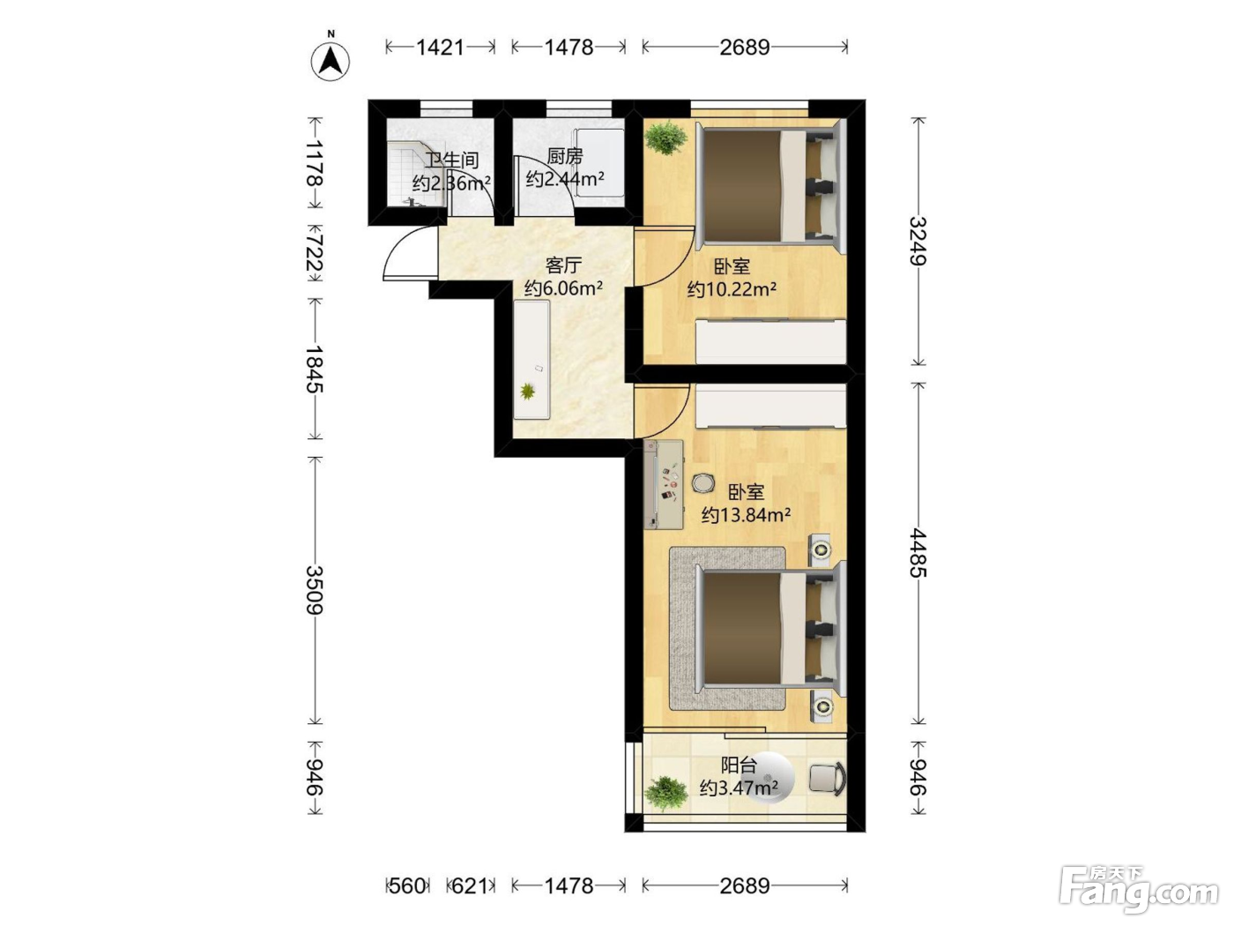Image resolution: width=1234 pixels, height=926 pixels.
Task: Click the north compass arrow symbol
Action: pyautogui.click(x=331, y=59)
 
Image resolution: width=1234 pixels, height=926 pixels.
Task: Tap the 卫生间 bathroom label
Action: pyautogui.click(x=451, y=161)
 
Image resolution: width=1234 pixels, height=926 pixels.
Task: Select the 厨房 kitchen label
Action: pyautogui.click(x=564, y=156)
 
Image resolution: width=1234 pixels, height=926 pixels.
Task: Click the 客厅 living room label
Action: pyautogui.click(x=563, y=265)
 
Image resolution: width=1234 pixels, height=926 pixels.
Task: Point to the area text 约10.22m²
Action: pyautogui.click(x=732, y=289)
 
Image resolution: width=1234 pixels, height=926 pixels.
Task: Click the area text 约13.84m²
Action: pyautogui.click(x=746, y=515)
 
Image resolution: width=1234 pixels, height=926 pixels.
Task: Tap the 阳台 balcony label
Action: pyautogui.click(x=739, y=765)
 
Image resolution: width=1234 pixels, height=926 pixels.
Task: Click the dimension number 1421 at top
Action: pyautogui.click(x=440, y=48)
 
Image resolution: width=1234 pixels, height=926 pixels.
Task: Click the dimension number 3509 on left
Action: pyautogui.click(x=315, y=590)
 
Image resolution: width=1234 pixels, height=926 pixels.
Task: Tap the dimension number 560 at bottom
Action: pyautogui.click(x=407, y=886)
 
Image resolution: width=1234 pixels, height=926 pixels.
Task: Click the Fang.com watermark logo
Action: pyautogui.click(x=1139, y=891)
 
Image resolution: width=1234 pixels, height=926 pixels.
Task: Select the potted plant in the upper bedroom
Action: pyautogui.click(x=665, y=138)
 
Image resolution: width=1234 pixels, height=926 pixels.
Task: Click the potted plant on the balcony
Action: pyautogui.click(x=665, y=794)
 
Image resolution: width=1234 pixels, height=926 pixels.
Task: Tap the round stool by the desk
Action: pyautogui.click(x=702, y=483)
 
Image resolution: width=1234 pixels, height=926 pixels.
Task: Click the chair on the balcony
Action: pyautogui.click(x=828, y=780)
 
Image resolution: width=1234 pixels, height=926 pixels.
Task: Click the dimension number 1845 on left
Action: pyautogui.click(x=315, y=369)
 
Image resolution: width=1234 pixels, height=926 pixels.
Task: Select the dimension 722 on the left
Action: pyautogui.click(x=315, y=252)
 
